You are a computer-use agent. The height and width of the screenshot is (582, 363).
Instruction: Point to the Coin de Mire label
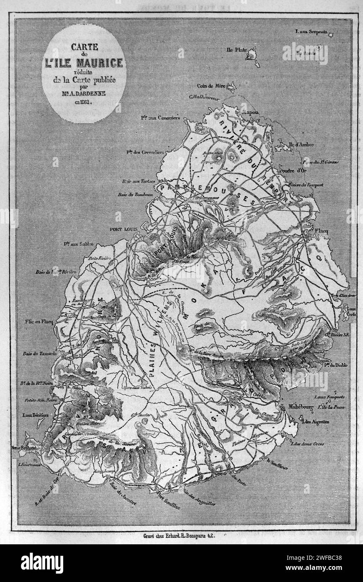(211, 86)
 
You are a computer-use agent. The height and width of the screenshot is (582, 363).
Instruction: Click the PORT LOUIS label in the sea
(121, 229)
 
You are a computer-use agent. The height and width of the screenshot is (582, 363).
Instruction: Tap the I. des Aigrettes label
(317, 422)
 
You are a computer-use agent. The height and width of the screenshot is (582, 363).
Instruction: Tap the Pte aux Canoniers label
(157, 118)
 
